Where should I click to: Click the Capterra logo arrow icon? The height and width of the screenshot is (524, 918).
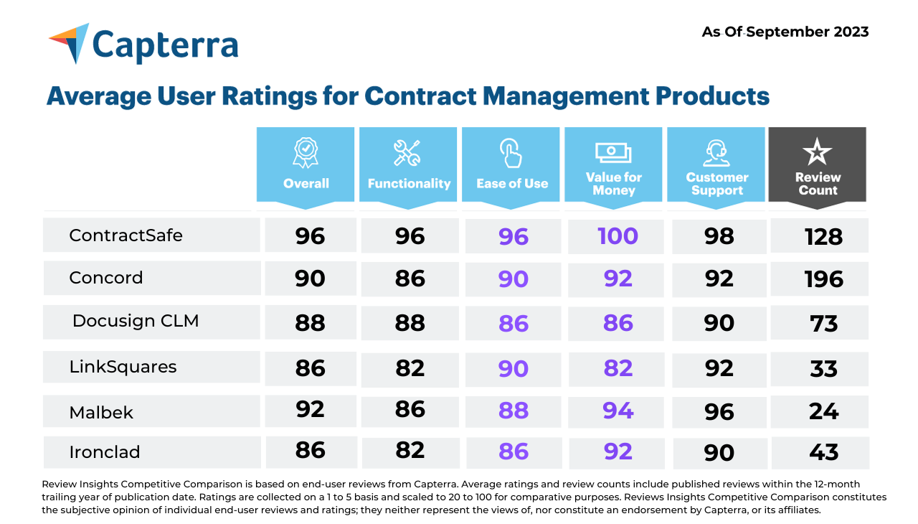[x=70, y=42]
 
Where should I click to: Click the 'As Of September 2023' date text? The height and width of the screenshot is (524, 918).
[x=785, y=32]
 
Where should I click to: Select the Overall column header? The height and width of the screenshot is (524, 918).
[x=306, y=166]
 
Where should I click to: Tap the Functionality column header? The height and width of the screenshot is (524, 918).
[x=409, y=166]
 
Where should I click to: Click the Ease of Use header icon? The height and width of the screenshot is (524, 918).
[x=511, y=153]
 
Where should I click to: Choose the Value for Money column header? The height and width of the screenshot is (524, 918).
[x=613, y=166]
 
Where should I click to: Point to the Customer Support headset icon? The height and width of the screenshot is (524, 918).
[x=716, y=153]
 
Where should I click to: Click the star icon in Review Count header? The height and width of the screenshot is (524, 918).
[x=817, y=153]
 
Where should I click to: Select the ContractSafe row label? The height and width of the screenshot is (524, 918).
[x=126, y=235]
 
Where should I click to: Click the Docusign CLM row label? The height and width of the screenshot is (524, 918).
[x=136, y=321]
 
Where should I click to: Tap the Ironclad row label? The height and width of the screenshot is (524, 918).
[x=105, y=452]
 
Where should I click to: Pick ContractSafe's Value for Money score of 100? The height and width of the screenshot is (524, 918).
[x=617, y=236]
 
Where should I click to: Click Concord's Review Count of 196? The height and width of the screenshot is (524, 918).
[x=823, y=279]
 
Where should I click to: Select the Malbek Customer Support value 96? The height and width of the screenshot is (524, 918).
[x=719, y=411]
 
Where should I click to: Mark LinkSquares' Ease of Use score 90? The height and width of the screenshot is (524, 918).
[x=514, y=368]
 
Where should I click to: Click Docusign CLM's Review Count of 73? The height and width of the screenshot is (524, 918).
[x=823, y=323]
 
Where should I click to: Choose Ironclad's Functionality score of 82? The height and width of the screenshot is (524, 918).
[x=410, y=451]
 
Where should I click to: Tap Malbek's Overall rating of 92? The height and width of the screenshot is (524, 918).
[x=310, y=409]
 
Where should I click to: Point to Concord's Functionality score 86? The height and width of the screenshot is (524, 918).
[x=410, y=279]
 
